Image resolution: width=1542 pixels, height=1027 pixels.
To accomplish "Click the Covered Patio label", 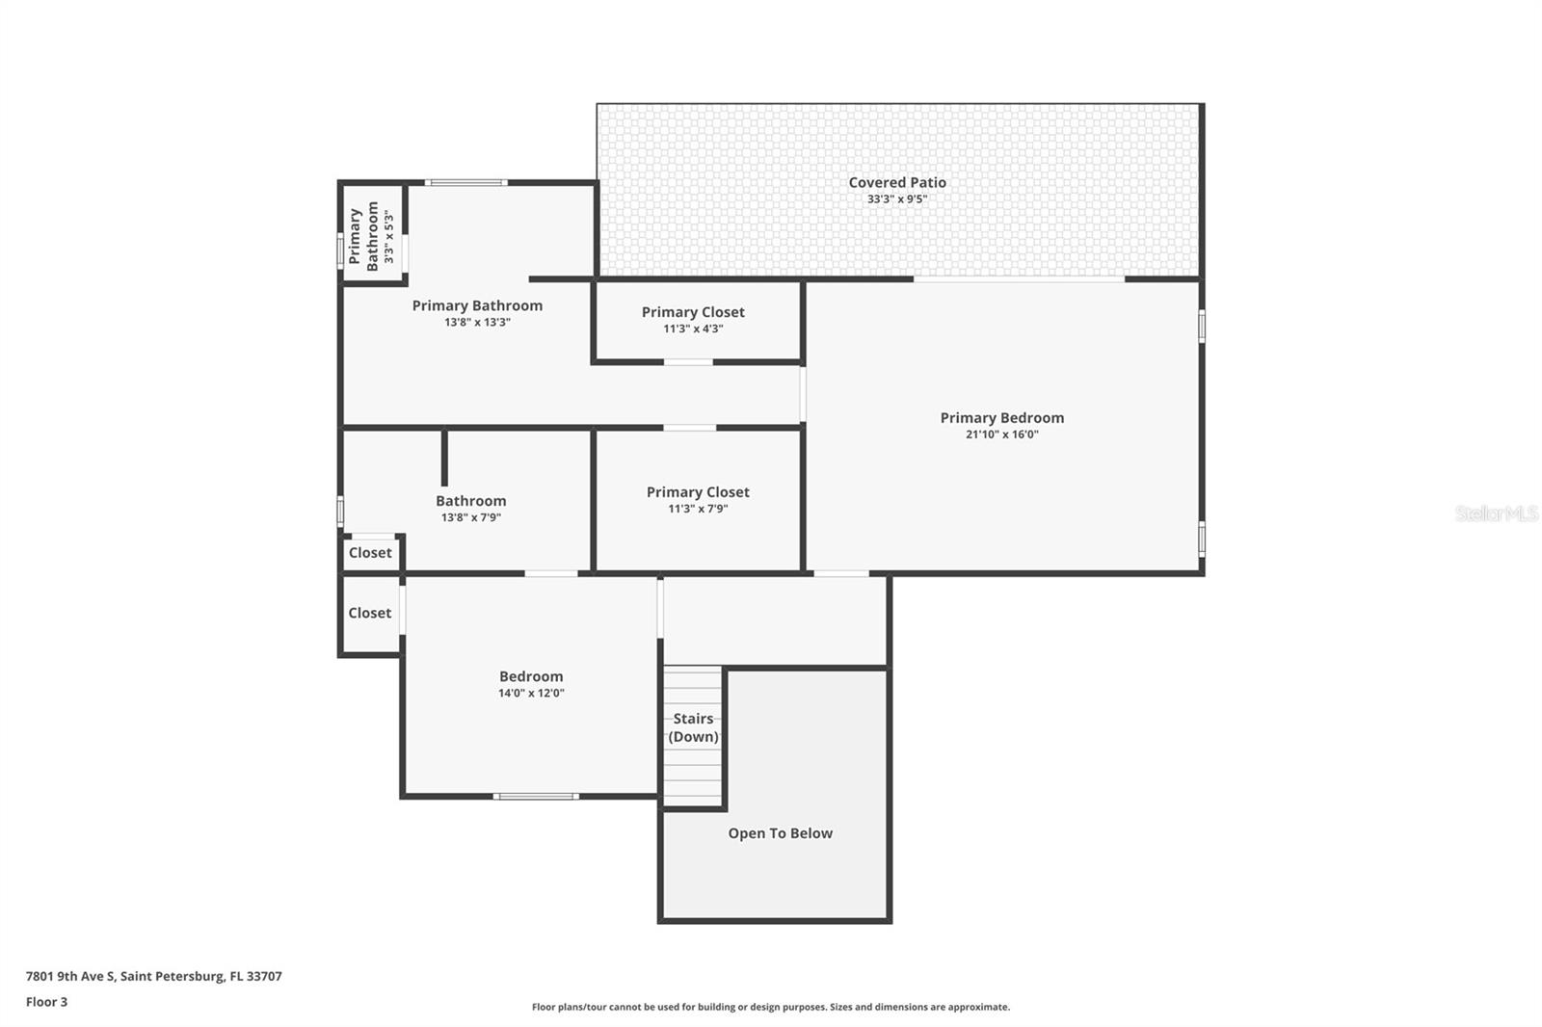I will click(896, 182).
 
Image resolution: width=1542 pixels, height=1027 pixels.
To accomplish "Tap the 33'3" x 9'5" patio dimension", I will click(896, 199).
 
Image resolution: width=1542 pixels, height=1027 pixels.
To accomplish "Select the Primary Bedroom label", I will click(1001, 417).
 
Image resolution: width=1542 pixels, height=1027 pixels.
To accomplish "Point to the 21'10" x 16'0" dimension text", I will click(1001, 434).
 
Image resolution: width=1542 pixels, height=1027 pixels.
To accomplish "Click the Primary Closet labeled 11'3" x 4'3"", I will click(693, 312).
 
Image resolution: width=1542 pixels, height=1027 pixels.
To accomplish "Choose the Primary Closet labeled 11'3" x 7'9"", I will click(698, 492).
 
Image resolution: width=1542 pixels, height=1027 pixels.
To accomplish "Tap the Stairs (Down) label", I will click(693, 727).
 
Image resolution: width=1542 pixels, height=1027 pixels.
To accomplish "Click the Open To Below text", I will click(780, 833).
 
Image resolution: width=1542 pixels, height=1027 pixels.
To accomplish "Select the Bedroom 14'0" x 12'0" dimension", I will click(531, 693).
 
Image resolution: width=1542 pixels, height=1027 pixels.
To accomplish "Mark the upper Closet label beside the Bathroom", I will click(370, 553).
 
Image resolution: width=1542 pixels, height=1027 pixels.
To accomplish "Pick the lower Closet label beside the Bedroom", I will click(370, 613).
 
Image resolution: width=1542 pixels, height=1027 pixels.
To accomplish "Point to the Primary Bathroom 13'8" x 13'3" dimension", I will click(477, 323).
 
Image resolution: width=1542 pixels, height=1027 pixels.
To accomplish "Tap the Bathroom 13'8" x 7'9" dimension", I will click(470, 517).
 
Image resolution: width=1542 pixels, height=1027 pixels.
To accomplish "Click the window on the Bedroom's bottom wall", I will click(536, 796).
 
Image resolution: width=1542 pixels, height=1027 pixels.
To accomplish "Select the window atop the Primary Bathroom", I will click(465, 182).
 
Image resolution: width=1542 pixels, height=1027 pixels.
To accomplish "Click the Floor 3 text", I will click(46, 1002).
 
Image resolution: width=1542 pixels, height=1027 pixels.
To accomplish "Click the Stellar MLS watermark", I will click(1496, 513).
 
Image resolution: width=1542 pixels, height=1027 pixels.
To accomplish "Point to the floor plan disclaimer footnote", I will click(770, 1007).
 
